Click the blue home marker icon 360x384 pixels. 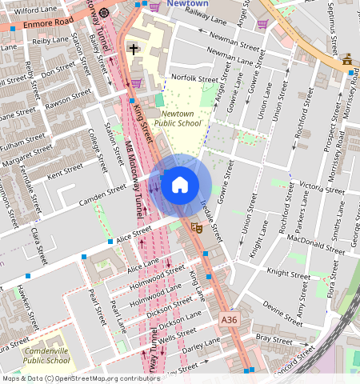180,186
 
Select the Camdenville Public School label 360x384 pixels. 46,355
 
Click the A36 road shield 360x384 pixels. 230,320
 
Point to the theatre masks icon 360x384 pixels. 195,228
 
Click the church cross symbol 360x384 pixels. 133,50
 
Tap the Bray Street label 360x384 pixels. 274,338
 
